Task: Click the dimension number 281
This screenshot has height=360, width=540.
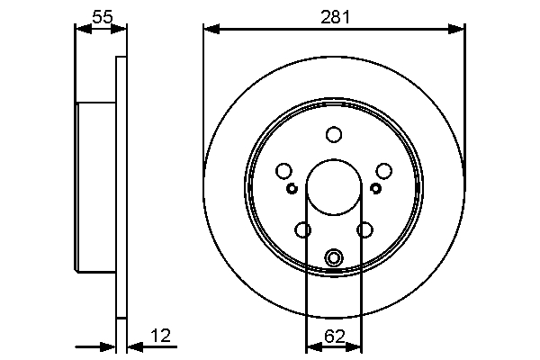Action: tap(334, 17)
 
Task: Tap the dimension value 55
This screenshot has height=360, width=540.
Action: tap(102, 16)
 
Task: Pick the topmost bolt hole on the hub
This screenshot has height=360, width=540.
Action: tap(334, 135)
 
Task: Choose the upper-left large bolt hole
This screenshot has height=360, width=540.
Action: tap(284, 171)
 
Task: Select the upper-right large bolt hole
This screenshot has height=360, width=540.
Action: tap(383, 171)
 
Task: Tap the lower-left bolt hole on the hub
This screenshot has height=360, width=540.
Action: tap(303, 229)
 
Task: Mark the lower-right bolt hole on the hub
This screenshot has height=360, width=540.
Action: tap(364, 229)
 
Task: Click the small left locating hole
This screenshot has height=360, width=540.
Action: tap(292, 188)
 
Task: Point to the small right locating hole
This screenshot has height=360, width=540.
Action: tap(376, 188)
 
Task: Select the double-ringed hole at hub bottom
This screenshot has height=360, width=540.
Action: tap(334, 258)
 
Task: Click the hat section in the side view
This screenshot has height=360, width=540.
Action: tap(95, 188)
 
